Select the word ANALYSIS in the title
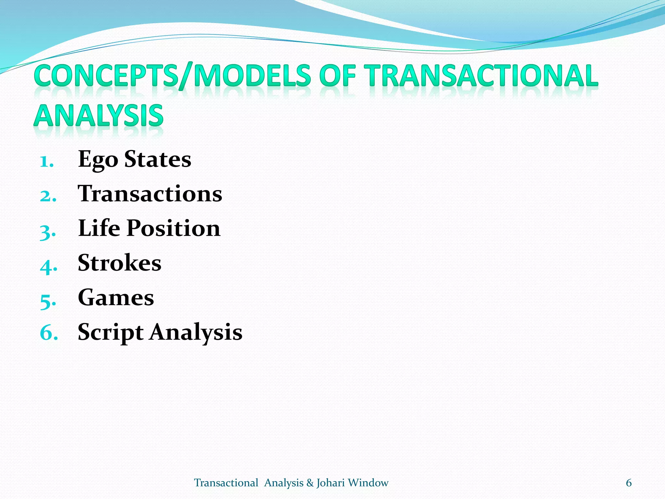(x=98, y=116)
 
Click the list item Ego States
(x=134, y=160)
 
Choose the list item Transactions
(x=150, y=194)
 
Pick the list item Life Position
(x=149, y=228)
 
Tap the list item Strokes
(x=119, y=263)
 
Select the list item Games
(x=116, y=298)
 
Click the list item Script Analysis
(x=160, y=332)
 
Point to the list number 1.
(x=46, y=161)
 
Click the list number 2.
(x=48, y=196)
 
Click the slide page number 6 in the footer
(x=629, y=483)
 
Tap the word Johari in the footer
(x=331, y=483)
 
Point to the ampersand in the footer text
(x=310, y=483)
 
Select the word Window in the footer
(x=368, y=483)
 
